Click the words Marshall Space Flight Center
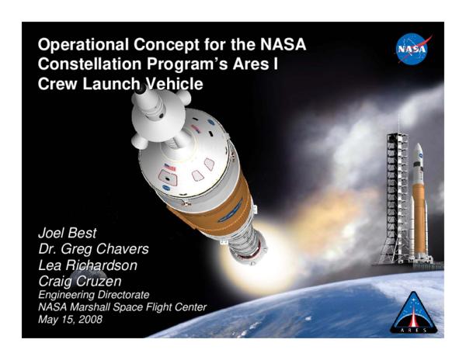pos(142,308)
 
